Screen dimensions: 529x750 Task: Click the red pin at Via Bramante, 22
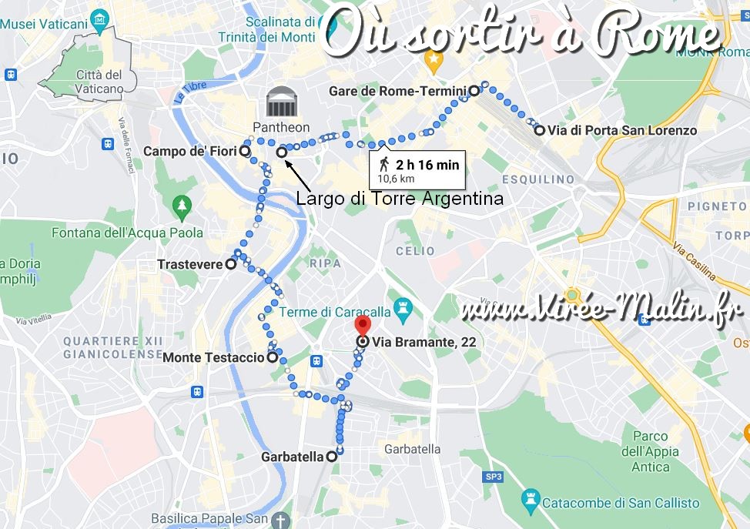(363, 324)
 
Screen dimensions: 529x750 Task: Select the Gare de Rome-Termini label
(397, 91)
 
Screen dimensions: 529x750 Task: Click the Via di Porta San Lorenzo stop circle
(540, 130)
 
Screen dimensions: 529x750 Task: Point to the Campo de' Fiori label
(189, 152)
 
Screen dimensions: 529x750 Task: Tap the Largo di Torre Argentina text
(400, 199)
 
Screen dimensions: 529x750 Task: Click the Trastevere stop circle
(230, 264)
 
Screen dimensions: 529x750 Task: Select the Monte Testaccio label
(213, 357)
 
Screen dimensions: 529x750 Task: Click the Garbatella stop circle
(332, 457)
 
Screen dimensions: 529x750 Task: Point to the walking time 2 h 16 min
(427, 165)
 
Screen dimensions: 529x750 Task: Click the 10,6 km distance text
(396, 179)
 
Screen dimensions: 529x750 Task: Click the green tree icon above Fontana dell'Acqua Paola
(182, 206)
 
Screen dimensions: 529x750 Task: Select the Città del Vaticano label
(99, 82)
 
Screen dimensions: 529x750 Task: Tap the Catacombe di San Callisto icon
(530, 502)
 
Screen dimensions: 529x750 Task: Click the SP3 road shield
(494, 477)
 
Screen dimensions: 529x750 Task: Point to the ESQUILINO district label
(537, 179)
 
